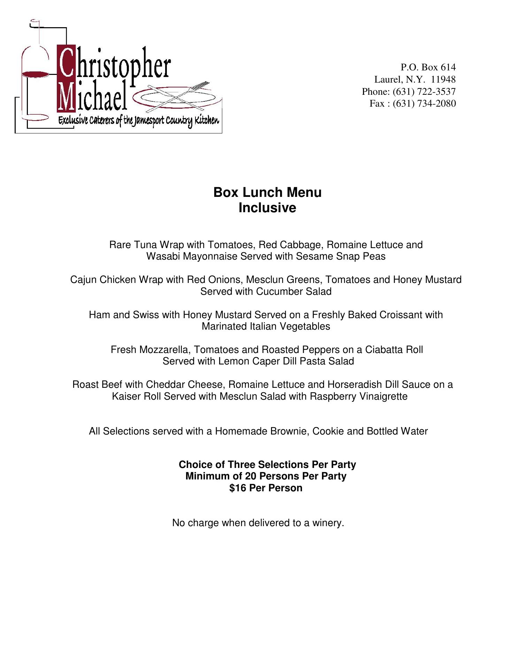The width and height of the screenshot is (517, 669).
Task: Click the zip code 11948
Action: click(x=443, y=79)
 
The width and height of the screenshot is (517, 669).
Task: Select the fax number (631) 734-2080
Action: click(x=424, y=103)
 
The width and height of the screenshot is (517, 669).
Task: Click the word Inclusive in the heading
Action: click(x=267, y=208)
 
